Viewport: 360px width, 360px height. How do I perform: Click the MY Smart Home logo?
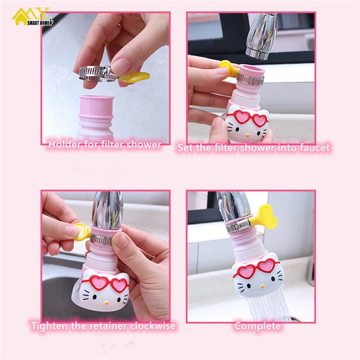click(x=33, y=17)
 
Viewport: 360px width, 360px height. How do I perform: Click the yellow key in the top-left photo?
click(x=134, y=76)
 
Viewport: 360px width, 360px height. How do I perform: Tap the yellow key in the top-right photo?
click(x=228, y=68)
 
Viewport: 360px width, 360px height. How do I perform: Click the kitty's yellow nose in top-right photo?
click(x=248, y=136)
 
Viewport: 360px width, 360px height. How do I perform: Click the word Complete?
click(x=258, y=326)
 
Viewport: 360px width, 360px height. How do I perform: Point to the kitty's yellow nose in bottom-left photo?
click(x=106, y=303)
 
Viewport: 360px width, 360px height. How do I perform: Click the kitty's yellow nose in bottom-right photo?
click(x=262, y=286)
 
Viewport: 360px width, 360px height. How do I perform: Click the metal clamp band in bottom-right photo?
click(x=236, y=226)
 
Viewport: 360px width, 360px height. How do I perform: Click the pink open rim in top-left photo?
click(x=96, y=98)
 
